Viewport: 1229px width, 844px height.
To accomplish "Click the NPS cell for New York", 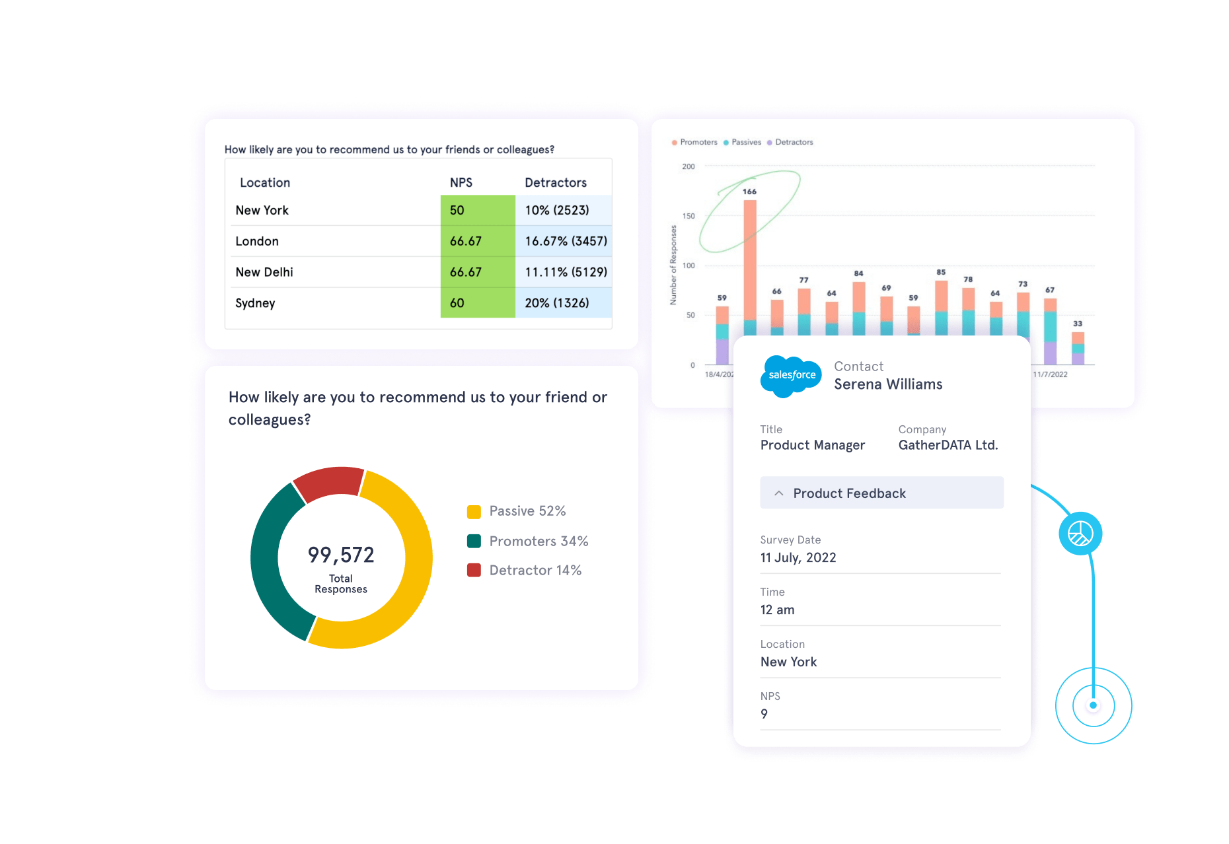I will (x=477, y=210).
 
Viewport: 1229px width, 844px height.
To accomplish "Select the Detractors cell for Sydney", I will (x=562, y=303).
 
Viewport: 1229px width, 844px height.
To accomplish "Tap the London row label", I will (x=257, y=241).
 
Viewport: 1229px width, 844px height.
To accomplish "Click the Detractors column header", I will (x=555, y=182).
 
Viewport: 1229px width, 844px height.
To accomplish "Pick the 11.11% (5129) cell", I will (x=565, y=272).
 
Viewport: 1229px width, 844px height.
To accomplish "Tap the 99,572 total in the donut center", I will (x=341, y=555).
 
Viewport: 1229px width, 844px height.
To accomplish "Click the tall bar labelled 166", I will (x=750, y=264).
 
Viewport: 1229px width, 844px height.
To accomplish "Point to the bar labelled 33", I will (x=1078, y=347).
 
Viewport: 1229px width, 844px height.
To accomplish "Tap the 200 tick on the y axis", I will (x=689, y=166).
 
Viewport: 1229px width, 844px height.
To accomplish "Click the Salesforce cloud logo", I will (x=791, y=375).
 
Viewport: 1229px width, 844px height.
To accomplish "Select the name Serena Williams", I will (x=888, y=384).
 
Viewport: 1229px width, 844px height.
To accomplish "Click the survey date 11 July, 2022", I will (x=798, y=557).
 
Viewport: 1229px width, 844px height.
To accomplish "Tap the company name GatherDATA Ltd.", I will (x=948, y=445).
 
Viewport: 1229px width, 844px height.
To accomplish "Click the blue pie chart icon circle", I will (x=1080, y=533).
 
